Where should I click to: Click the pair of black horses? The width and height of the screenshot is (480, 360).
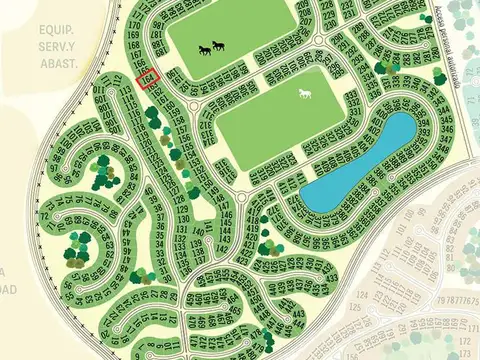pyautogui.click(x=211, y=48)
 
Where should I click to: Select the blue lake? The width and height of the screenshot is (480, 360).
pyautogui.click(x=358, y=163)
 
